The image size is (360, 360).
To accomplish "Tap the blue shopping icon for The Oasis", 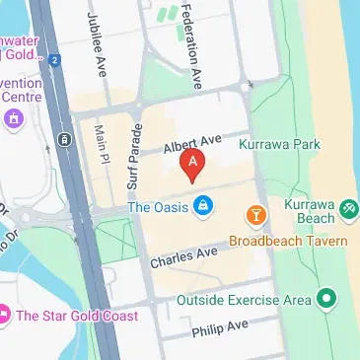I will tap(203, 206).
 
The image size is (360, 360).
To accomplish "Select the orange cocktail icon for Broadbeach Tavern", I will tap(255, 215).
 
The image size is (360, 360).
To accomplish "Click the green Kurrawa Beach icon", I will tap(348, 209).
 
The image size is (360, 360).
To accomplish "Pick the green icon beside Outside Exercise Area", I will tap(327, 299).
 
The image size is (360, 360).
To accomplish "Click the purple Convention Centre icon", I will tap(13, 119).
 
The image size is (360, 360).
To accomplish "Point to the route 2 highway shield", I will tap(57, 61).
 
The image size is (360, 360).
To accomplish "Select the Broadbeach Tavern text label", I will tap(288, 241).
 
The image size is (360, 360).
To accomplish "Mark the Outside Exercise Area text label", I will tap(244, 299).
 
